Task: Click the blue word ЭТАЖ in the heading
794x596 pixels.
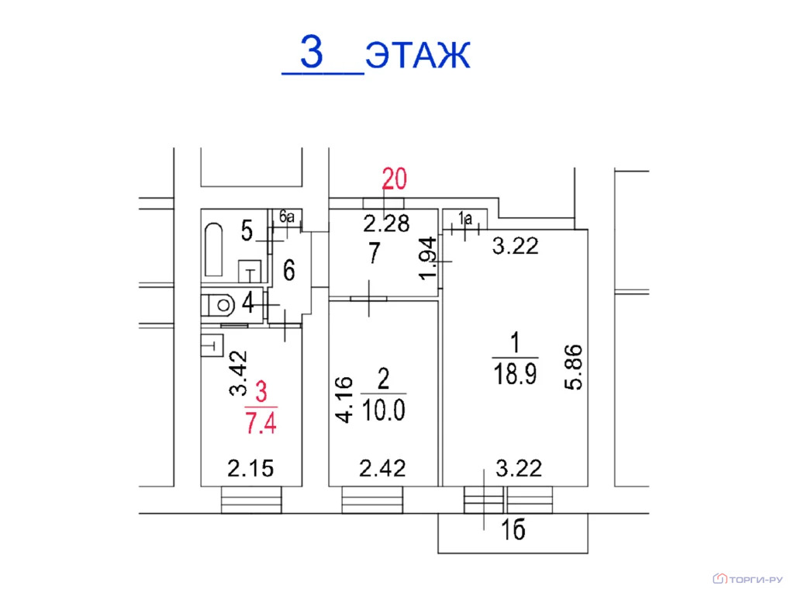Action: pos(418,54)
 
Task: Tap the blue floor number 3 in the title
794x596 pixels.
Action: pos(311,51)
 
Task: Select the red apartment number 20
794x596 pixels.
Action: pos(394,179)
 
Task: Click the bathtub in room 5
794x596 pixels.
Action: pos(214,249)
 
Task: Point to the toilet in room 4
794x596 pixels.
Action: pos(219,305)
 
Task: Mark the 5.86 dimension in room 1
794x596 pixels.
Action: pos(574,367)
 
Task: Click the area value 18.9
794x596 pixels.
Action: pos(515,375)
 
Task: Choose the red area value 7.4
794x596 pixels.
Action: pos(261,423)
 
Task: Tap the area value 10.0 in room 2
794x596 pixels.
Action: pos(383,411)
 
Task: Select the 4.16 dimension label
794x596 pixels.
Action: pos(344,400)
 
